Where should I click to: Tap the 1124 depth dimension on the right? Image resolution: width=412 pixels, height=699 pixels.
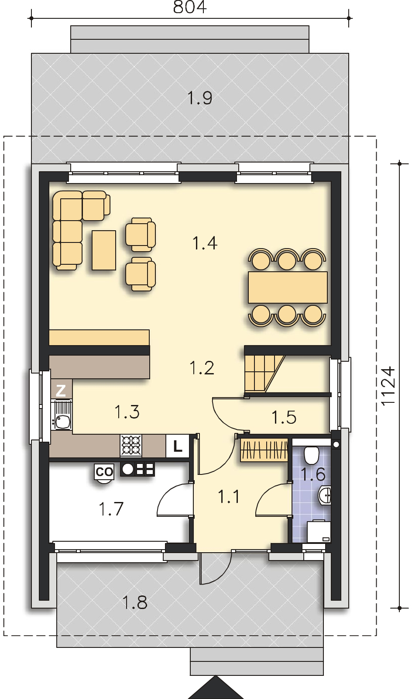(388, 386)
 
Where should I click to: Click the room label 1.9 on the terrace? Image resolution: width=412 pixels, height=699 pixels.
(200, 97)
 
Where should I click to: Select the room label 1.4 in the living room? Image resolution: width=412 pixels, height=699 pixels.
(205, 242)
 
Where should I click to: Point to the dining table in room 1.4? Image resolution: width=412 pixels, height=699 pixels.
(288, 287)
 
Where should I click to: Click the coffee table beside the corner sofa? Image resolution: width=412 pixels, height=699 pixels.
(104, 250)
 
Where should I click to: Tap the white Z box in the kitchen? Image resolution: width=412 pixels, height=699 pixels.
(61, 390)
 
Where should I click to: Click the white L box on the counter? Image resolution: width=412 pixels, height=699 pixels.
(177, 446)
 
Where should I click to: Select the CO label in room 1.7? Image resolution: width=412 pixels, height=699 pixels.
(104, 471)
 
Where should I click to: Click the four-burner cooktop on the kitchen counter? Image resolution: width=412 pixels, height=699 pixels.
(132, 445)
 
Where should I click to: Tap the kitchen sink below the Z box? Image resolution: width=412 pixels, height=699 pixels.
(62, 421)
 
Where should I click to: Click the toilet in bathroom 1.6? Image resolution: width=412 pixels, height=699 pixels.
(312, 455)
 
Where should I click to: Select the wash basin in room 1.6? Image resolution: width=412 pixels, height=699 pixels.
(325, 495)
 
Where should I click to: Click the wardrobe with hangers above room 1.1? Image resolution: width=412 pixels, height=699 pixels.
(264, 450)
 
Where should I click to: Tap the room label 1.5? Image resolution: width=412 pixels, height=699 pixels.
(284, 417)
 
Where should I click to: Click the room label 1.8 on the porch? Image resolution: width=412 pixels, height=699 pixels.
(134, 603)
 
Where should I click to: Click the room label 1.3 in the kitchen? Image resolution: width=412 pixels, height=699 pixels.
(127, 412)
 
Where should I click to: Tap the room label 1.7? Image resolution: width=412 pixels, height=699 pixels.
(111, 509)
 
